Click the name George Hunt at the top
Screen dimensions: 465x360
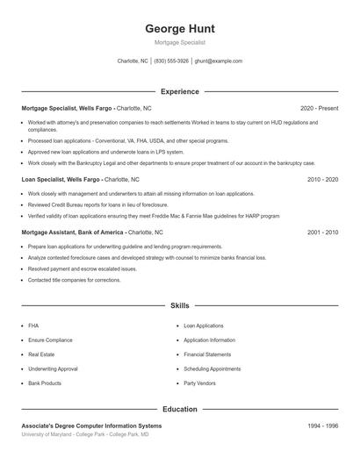(179, 28)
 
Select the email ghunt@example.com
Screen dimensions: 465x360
(218, 61)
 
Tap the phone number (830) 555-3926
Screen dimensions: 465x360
(171, 61)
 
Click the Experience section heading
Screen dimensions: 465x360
(179, 91)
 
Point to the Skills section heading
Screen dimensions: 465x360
(179, 305)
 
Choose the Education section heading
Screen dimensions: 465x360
(179, 409)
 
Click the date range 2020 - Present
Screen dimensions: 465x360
(319, 107)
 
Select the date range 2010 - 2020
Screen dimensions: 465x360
(322, 179)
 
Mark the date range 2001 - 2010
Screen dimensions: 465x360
(322, 232)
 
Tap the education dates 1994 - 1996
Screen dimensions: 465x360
(322, 426)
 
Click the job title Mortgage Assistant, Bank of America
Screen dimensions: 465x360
(74, 232)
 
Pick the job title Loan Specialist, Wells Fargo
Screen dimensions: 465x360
(61, 179)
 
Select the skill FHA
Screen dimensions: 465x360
(33, 325)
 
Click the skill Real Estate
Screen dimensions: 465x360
(41, 354)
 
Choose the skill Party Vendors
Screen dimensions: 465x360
(200, 383)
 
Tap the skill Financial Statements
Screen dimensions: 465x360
(207, 354)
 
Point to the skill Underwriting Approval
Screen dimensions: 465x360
(53, 368)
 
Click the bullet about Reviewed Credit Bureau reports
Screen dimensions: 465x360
(97, 204)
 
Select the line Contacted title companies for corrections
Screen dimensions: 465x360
(74, 280)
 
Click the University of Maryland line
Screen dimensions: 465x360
(85, 434)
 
